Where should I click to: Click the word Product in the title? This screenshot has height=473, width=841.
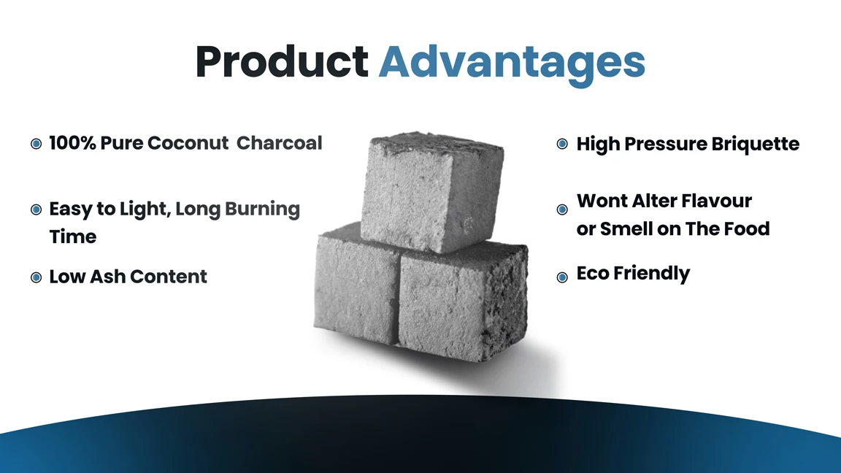281,62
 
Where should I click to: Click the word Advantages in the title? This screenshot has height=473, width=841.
512,64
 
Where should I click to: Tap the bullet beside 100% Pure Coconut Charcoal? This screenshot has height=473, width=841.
36,144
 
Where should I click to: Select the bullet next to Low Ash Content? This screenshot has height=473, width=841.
36,277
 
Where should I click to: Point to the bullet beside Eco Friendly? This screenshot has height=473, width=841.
562,277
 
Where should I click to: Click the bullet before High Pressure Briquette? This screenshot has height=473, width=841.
562,144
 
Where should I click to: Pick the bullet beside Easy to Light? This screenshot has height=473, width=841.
36,210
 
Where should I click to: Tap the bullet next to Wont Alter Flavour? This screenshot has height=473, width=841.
562,210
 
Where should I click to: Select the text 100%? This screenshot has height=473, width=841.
72,143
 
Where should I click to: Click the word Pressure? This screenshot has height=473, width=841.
666,144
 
